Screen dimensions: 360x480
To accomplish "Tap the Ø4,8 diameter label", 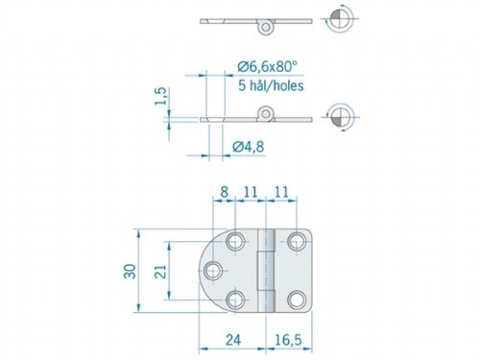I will pyautogui.click(x=250, y=146).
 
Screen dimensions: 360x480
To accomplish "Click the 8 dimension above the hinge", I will pyautogui.click(x=225, y=193).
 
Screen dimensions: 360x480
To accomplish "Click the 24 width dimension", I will pyautogui.click(x=232, y=339).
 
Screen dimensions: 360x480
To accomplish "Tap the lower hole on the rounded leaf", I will pyautogui.click(x=237, y=304).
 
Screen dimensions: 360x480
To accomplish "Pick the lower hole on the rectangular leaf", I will pyautogui.click(x=299, y=304).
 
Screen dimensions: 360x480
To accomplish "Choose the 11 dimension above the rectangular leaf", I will pyautogui.click(x=282, y=193).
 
